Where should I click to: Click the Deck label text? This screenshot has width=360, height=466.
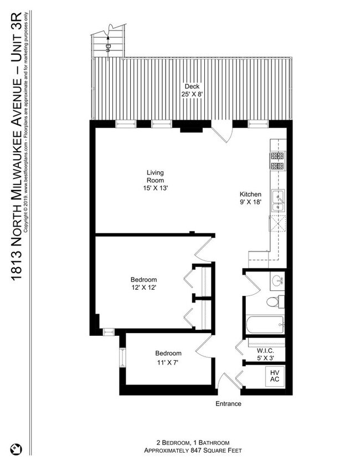pyautogui.click(x=191, y=86)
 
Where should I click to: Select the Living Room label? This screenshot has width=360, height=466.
pyautogui.click(x=155, y=176)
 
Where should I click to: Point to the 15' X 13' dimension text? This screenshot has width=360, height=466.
pyautogui.click(x=155, y=188)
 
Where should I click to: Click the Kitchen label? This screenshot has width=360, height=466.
pyautogui.click(x=250, y=194)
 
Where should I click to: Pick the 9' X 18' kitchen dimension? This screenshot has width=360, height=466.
pyautogui.click(x=250, y=203)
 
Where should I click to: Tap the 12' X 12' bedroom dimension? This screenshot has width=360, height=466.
pyautogui.click(x=143, y=287)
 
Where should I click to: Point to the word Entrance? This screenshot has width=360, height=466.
pyautogui.click(x=228, y=403)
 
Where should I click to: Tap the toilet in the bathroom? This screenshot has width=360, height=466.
pyautogui.click(x=274, y=303)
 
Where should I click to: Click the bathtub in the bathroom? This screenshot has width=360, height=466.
pyautogui.click(x=265, y=325)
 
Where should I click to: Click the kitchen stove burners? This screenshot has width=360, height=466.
pyautogui.click(x=277, y=161)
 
